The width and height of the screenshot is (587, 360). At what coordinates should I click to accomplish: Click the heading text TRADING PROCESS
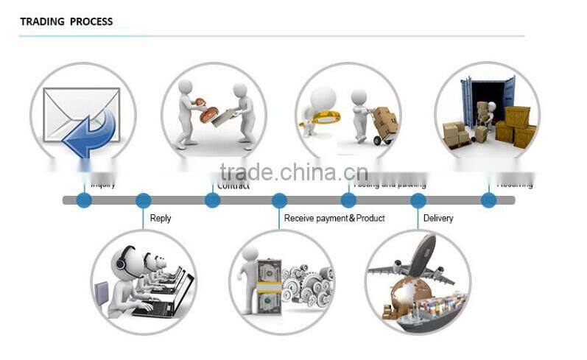(x=66, y=21)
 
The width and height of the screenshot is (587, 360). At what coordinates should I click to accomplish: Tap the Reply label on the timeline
(x=161, y=219)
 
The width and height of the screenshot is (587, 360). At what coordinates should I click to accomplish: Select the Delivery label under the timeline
(x=438, y=219)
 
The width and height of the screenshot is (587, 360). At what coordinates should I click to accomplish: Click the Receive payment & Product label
(x=334, y=219)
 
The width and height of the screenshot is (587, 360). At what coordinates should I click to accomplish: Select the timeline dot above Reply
(x=144, y=200)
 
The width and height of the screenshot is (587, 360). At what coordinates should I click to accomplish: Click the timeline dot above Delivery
(x=418, y=200)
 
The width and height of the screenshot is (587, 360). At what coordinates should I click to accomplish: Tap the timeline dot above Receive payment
(x=279, y=200)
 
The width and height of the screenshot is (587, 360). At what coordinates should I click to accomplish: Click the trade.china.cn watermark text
(x=293, y=172)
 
